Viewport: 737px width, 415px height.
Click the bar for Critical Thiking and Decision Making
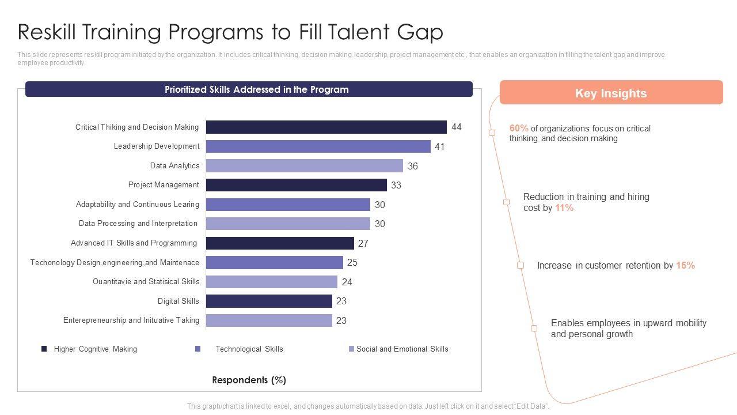pyautogui.click(x=326, y=127)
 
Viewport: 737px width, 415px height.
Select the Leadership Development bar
pyautogui.click(x=318, y=146)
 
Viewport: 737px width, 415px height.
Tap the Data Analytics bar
pyautogui.click(x=304, y=166)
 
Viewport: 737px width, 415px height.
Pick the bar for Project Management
pyautogui.click(x=296, y=185)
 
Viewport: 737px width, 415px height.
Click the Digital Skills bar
pyautogui.click(x=269, y=301)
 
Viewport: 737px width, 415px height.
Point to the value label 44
pyautogui.click(x=457, y=127)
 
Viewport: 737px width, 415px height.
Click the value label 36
pyautogui.click(x=413, y=166)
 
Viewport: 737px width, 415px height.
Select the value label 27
pyautogui.click(x=363, y=243)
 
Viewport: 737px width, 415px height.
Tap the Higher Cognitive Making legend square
pyautogui.click(x=44, y=349)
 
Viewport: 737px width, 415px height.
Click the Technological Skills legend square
pyautogui.click(x=198, y=349)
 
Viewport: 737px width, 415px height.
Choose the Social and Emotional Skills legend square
pyautogui.click(x=351, y=349)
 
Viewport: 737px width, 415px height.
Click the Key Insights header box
pyautogui.click(x=611, y=93)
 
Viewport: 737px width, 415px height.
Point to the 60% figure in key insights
pyautogui.click(x=519, y=129)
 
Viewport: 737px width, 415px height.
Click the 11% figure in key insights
pyautogui.click(x=564, y=207)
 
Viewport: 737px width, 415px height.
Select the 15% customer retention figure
pyautogui.click(x=685, y=265)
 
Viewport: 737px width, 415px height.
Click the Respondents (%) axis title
pyautogui.click(x=249, y=380)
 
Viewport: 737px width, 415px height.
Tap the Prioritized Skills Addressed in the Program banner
pyautogui.click(x=249, y=89)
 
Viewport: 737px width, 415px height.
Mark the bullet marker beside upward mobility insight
pyautogui.click(x=534, y=328)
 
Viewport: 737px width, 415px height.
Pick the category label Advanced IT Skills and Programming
pyautogui.click(x=134, y=243)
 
